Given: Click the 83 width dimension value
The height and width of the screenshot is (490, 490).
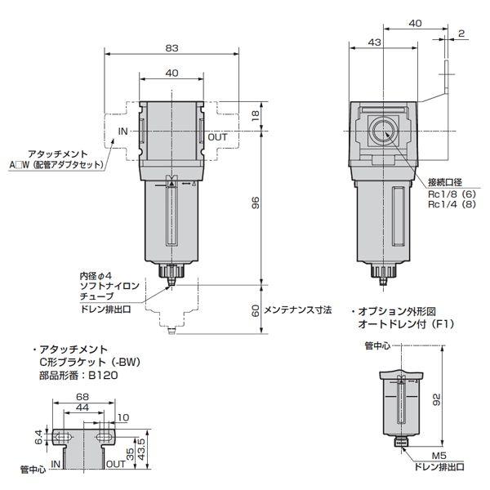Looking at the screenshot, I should (x=171, y=48).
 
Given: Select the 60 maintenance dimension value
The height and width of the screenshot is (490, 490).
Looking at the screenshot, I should (x=256, y=310).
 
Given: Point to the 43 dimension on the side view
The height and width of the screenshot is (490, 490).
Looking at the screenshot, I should (x=376, y=42).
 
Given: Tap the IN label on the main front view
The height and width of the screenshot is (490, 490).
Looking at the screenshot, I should (x=123, y=131).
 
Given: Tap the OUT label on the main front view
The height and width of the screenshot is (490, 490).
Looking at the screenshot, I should (x=217, y=137).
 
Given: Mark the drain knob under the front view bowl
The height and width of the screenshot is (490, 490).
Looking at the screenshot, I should (x=171, y=274).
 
